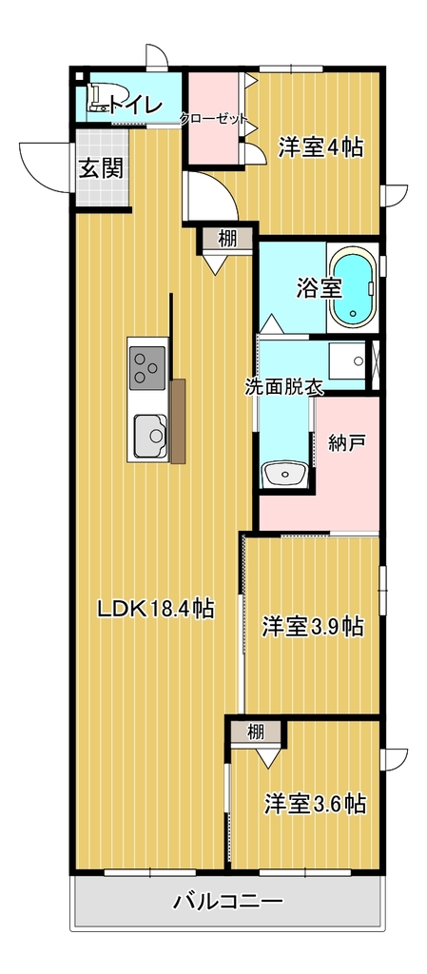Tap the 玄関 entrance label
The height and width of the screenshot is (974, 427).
(101, 167)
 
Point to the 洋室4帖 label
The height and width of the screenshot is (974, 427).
(320, 147)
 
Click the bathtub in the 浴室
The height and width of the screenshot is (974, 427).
(353, 287)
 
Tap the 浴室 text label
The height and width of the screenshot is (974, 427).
(319, 288)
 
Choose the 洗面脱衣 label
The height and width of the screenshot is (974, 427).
(284, 388)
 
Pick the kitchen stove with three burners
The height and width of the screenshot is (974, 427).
(147, 368)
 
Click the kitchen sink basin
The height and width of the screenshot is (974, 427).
(149, 436)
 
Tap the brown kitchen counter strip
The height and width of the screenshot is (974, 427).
(178, 420)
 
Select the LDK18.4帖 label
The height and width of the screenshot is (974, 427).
(156, 609)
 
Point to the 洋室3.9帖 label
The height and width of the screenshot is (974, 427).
(313, 626)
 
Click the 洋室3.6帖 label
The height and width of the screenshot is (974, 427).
(314, 805)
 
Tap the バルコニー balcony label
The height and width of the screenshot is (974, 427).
(228, 902)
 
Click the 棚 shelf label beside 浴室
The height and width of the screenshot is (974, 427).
(227, 240)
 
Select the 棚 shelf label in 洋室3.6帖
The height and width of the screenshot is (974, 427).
(256, 732)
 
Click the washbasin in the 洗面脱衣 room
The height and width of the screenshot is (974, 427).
(284, 475)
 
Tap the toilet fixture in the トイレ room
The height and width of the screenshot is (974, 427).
(98, 99)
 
